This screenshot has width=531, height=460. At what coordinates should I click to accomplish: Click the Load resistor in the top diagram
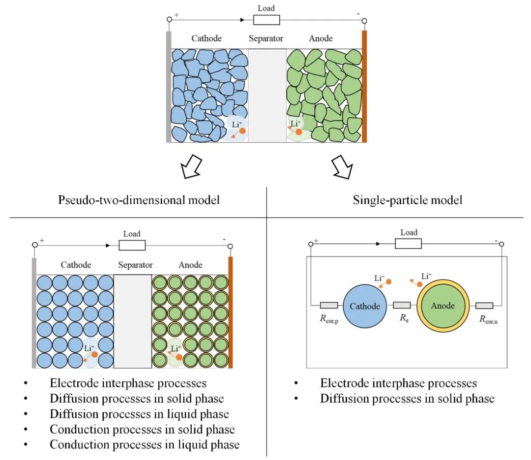[266, 20]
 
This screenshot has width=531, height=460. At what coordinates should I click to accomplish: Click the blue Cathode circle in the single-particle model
[365, 306]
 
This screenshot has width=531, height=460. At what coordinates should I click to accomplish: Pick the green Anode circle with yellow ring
[442, 305]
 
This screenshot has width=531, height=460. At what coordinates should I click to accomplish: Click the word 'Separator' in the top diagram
[265, 38]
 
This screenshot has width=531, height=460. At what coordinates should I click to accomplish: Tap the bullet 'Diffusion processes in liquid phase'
[139, 414]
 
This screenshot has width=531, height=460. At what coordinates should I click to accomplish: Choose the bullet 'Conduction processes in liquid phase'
[145, 445]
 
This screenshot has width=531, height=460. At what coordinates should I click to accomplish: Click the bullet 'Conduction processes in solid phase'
[142, 429]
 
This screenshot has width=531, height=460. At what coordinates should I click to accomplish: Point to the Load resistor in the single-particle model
[409, 244]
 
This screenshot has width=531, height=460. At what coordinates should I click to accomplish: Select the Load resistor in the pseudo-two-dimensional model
[132, 245]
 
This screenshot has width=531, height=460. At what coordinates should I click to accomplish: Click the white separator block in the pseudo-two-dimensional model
[133, 321]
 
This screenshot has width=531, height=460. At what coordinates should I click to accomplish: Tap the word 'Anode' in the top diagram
[321, 38]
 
